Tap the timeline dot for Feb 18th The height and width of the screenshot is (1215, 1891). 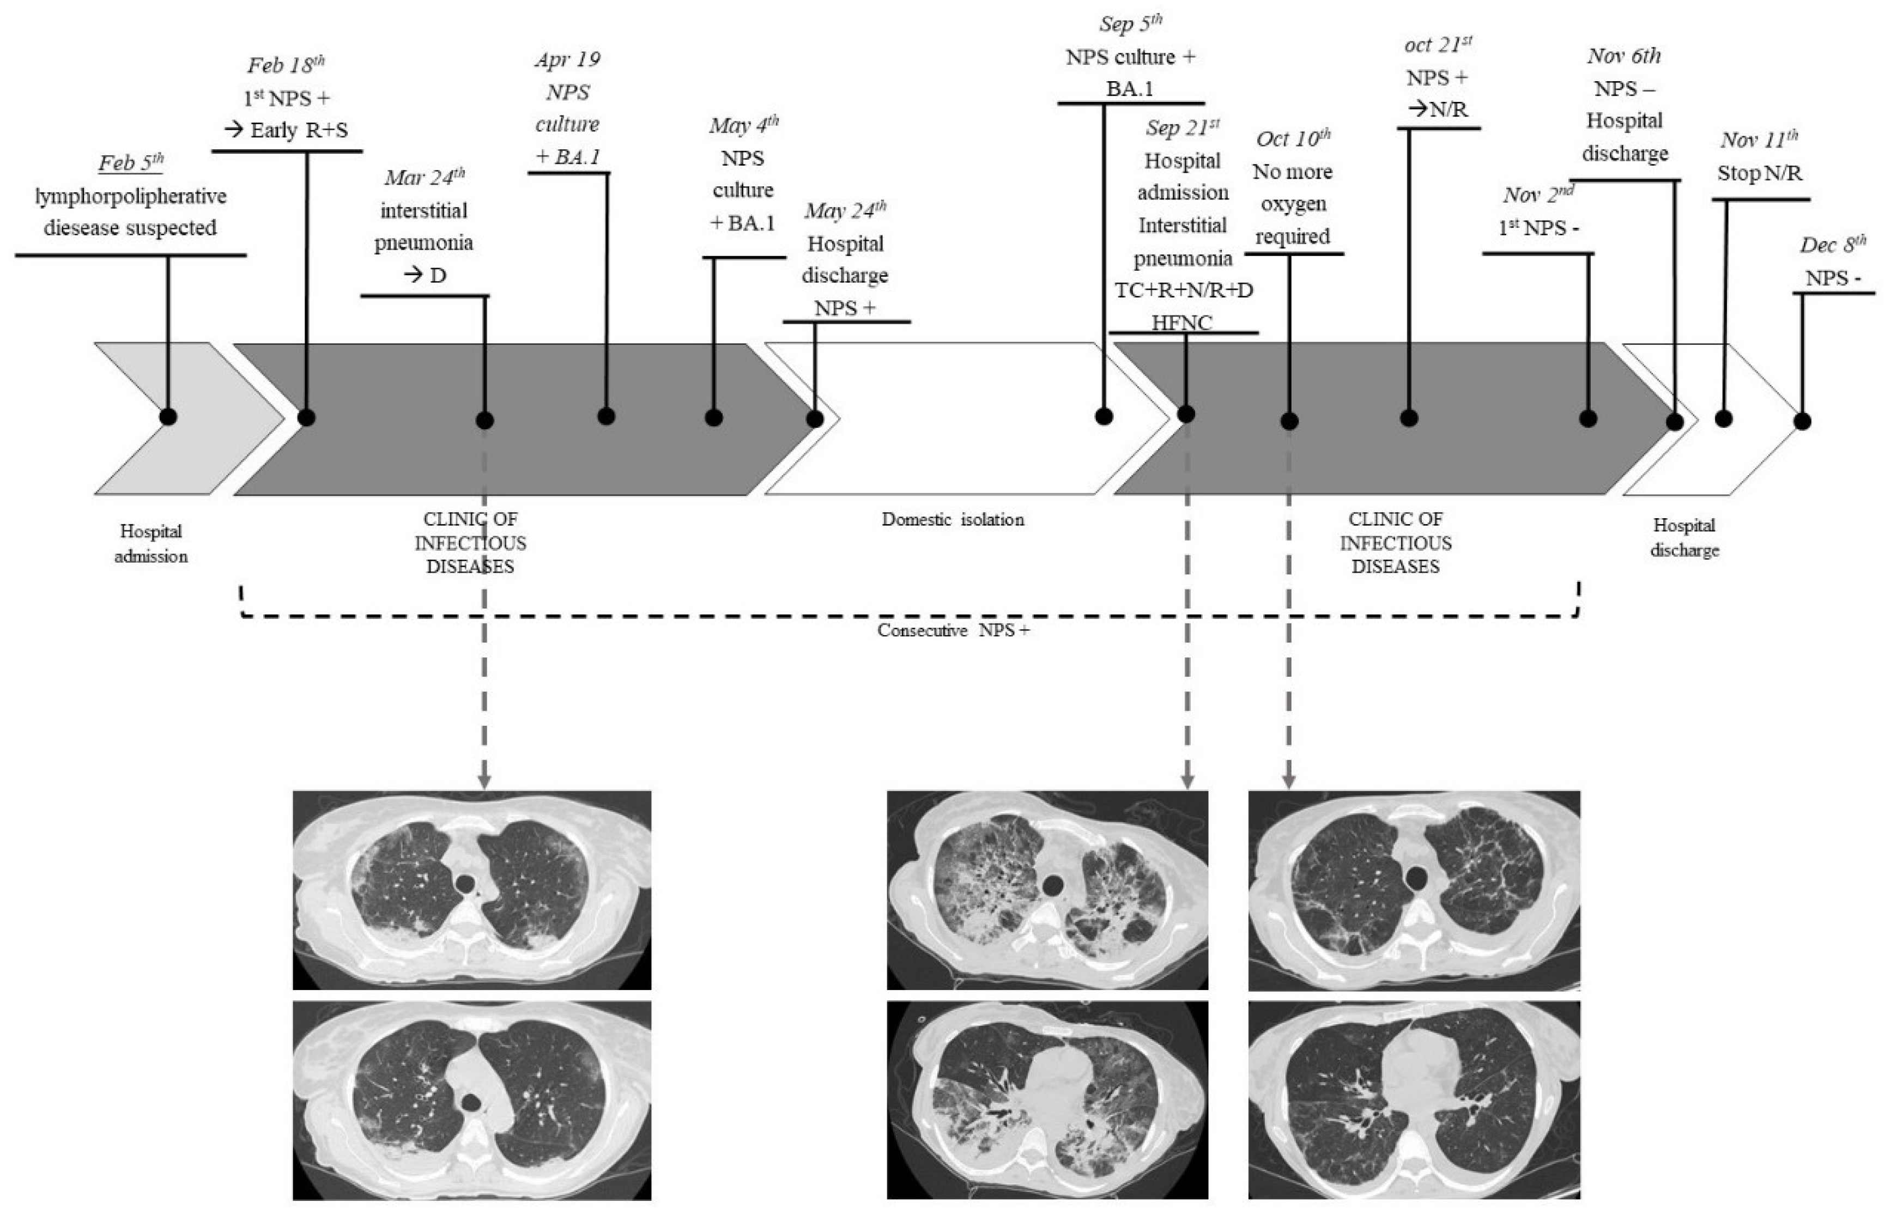[x=307, y=417]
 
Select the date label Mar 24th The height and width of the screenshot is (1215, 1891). [x=425, y=178]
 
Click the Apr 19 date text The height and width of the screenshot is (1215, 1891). [x=567, y=60]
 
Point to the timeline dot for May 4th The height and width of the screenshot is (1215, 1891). [x=714, y=417]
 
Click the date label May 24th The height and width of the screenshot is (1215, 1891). [x=845, y=211]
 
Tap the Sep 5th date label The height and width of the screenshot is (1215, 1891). [x=1130, y=25]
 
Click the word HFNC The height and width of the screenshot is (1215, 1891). [x=1182, y=322]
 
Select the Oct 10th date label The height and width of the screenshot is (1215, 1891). [x=1293, y=139]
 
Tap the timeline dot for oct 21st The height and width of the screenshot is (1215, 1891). [x=1409, y=417]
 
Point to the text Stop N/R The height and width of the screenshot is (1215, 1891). [x=1760, y=173]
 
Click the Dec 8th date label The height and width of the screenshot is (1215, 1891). [x=1833, y=245]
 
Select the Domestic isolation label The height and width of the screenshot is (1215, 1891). [x=953, y=520]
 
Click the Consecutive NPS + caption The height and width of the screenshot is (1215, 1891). [x=953, y=631]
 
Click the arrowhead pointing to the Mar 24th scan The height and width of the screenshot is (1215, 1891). [x=484, y=781]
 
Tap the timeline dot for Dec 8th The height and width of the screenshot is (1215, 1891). [x=1802, y=421]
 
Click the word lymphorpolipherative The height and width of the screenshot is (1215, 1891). [x=131, y=197]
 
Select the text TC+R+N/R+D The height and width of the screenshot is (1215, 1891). [x=1183, y=290]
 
